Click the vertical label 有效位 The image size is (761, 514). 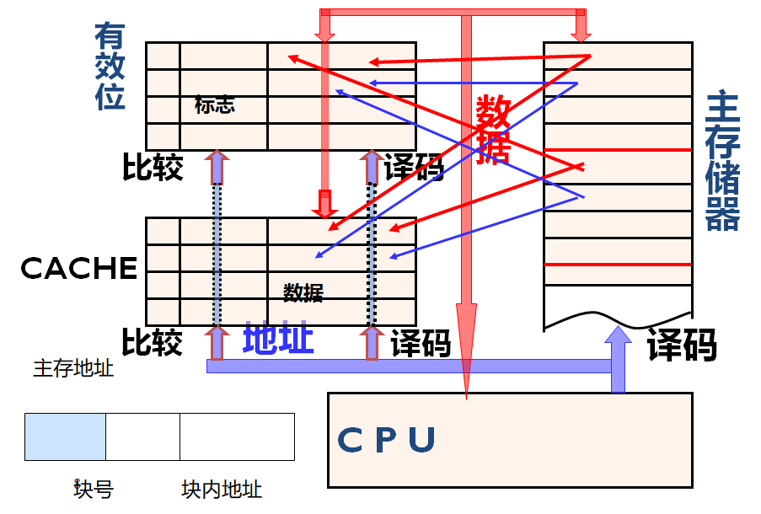click(x=110, y=67)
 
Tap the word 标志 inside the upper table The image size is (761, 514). click(x=214, y=105)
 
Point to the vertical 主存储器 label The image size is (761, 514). click(x=722, y=160)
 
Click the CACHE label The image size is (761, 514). click(x=78, y=268)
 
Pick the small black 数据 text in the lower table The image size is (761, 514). click(x=303, y=292)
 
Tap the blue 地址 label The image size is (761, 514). click(x=278, y=339)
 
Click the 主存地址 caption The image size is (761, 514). click(x=73, y=368)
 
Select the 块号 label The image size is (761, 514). click(x=94, y=489)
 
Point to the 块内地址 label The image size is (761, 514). click(x=222, y=489)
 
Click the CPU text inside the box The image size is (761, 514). click(x=387, y=440)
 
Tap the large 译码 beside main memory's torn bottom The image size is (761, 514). click(x=682, y=345)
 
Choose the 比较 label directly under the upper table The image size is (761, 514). click(x=153, y=168)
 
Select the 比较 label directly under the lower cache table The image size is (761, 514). click(x=153, y=343)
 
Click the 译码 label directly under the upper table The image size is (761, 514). click(x=414, y=168)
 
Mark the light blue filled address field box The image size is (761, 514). click(x=65, y=436)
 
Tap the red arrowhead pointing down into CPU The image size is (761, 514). click(x=466, y=354)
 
